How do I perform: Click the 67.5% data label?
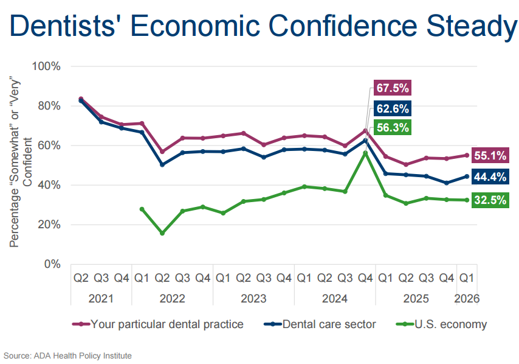392,89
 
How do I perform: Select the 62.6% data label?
392,108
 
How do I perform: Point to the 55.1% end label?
490,156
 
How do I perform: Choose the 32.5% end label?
490,200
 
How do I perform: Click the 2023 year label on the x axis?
253,299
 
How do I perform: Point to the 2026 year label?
467,299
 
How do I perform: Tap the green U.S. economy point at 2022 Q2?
162,233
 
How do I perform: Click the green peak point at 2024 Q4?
365,153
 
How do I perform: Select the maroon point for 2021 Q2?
81,99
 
